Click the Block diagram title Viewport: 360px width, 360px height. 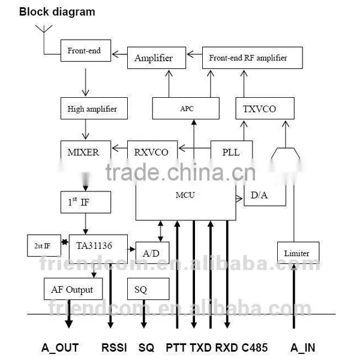57,12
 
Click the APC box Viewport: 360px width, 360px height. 186,109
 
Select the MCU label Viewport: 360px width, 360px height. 185,195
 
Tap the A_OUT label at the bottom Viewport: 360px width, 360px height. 60,347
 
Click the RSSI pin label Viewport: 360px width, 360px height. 114,347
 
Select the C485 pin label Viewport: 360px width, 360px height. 254,347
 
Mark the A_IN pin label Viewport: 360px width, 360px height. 302,347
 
